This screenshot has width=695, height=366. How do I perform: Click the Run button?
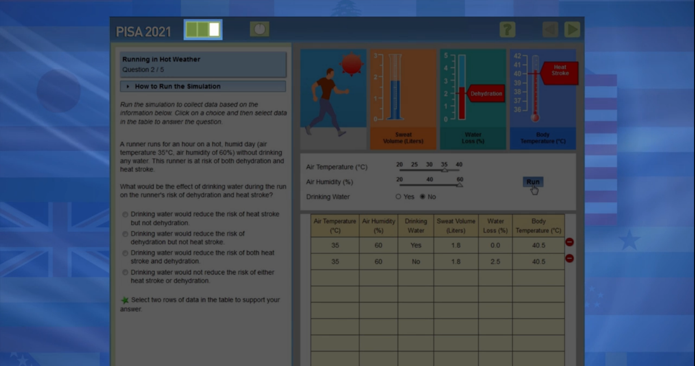[x=533, y=182]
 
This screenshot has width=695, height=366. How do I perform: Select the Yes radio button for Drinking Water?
[x=398, y=197]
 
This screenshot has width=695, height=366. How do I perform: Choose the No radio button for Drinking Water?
[x=422, y=197]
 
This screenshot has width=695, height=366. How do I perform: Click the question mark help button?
[x=507, y=29]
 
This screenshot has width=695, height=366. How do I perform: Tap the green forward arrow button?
[x=572, y=29]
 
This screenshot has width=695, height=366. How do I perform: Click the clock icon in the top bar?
[x=259, y=29]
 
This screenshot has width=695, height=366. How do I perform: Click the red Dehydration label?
[x=485, y=93]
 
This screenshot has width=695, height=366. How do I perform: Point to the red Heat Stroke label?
[x=560, y=73]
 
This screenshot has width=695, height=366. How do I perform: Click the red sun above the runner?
[x=352, y=64]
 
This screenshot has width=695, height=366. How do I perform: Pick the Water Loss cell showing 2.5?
[x=495, y=262]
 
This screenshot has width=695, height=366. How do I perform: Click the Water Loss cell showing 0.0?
[x=495, y=245]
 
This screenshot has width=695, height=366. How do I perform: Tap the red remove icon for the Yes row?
[x=569, y=242]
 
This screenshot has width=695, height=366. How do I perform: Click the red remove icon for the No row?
[x=569, y=258]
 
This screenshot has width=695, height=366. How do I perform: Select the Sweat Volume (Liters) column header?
[x=456, y=226]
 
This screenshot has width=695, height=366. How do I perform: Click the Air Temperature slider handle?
[x=445, y=170]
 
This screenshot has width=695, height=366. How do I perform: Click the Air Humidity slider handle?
[x=459, y=185]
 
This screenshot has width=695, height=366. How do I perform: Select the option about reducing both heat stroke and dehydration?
[x=125, y=253]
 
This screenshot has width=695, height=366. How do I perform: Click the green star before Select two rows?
[x=125, y=300]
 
